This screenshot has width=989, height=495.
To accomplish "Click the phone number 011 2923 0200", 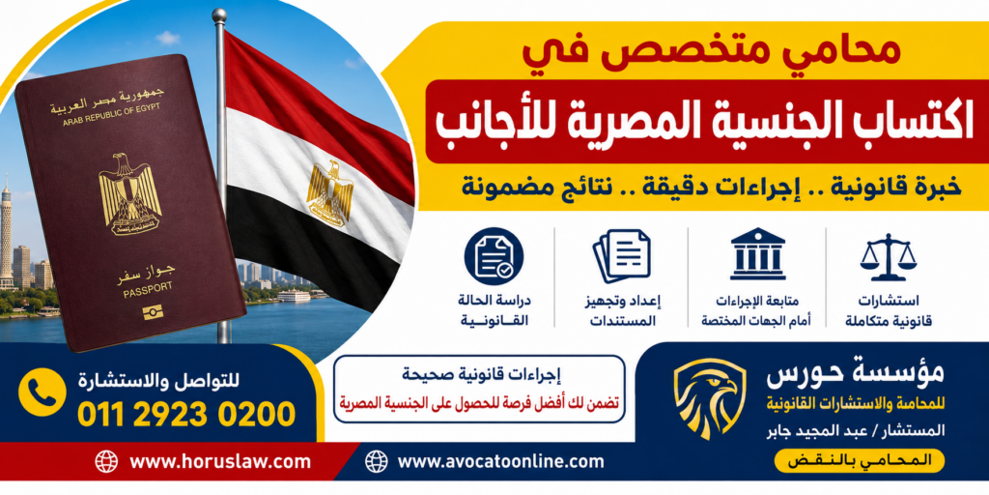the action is pos(186,415).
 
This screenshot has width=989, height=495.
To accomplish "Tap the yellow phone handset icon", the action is pos(42,392).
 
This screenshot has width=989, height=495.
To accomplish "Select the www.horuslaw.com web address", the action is pos(220,461).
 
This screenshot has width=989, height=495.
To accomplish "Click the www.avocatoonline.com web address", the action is pos(501,461).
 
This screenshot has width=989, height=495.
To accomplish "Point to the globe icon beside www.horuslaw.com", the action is pos(106,461).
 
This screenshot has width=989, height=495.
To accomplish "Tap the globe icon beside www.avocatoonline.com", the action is pos(376,461).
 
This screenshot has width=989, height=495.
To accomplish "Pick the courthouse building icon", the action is pos(757,253).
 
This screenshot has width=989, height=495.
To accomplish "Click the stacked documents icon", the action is pos(622,254).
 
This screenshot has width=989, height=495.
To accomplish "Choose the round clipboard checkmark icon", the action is pos(494,255).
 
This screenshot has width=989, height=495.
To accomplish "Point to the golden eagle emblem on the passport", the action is pos(130,193).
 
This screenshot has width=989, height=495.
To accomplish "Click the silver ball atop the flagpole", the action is pos(219,15).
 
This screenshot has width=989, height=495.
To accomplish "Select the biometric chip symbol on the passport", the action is pos(152,312).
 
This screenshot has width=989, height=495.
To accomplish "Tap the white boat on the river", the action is pos(294,296).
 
